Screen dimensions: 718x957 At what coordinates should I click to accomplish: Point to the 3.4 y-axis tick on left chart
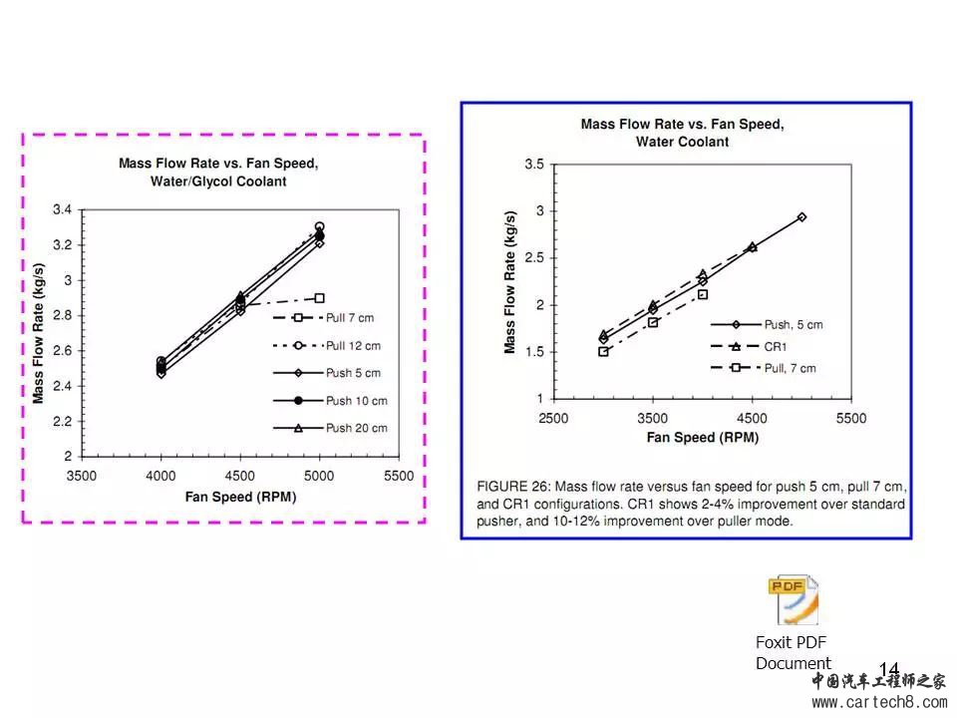coord(62,210)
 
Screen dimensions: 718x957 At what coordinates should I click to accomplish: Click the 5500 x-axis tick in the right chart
coord(851,418)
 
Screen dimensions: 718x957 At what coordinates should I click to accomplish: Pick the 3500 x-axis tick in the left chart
coord(82,476)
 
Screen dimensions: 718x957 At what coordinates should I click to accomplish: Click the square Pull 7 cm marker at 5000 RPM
coord(319,298)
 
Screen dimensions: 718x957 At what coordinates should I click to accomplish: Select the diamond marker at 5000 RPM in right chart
coord(801,216)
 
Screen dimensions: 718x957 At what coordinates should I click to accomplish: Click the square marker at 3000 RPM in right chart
coord(603,351)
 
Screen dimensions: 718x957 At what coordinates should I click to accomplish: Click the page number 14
coord(889,669)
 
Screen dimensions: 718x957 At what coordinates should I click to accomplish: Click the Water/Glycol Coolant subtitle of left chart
coord(218,181)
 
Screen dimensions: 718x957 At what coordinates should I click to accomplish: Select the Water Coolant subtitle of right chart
coord(682,142)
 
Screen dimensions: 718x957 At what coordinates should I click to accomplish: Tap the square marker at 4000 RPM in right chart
coord(703,294)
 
